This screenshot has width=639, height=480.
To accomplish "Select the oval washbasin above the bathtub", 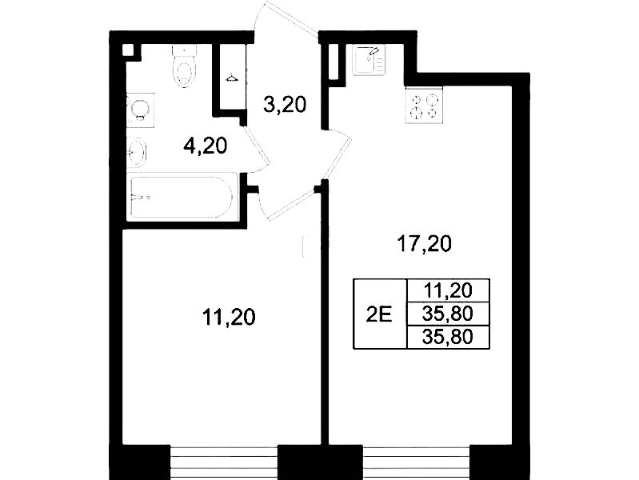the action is tap(137, 153).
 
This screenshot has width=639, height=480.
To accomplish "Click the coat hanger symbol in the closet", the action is tap(232, 78).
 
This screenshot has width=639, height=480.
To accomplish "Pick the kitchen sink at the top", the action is tap(369, 60).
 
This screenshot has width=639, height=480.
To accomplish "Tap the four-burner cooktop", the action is tap(424, 106).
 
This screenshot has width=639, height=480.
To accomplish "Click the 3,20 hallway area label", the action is tap(285, 106).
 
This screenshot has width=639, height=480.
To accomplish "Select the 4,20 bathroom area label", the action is tap(205, 146).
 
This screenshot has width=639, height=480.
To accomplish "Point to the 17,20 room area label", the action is tap(424, 244).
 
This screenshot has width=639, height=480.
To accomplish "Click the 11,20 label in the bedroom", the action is tap(229, 317).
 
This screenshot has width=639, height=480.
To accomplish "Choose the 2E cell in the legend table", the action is tap(380, 314).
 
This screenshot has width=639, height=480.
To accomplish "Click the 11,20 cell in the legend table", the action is tap(449, 290).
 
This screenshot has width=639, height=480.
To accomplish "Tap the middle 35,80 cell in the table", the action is tap(449, 314).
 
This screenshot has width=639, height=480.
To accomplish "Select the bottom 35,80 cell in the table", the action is tap(449, 337).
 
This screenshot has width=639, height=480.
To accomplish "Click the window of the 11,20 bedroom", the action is tap(224, 463).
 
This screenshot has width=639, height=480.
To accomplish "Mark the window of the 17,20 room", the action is tap(416, 463).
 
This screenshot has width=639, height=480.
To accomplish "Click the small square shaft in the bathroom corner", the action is tap(128, 50).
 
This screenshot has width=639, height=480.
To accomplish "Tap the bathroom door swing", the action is tap(256, 149).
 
